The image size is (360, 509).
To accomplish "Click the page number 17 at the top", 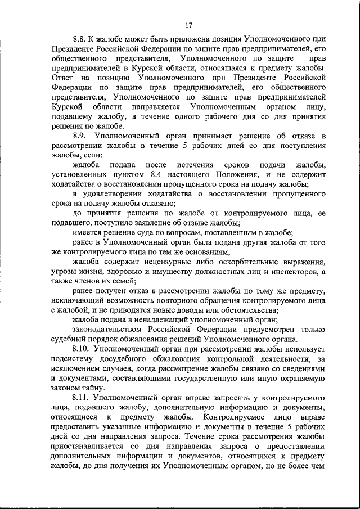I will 188,25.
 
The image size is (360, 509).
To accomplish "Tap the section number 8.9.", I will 82,136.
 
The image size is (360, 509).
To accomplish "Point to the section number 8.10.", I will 83,349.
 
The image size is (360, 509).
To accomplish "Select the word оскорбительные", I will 250,262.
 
